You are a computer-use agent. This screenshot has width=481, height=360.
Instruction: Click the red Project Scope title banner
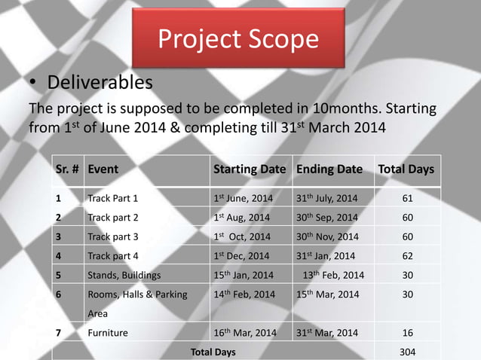click(x=238, y=39)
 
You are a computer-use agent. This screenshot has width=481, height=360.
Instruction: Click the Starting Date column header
click(x=250, y=169)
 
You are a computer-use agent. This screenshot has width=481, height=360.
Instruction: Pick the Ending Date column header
click(x=329, y=169)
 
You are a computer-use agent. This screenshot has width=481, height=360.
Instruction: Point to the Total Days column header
click(x=405, y=169)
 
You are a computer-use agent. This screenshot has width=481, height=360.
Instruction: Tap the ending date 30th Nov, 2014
click(x=328, y=236)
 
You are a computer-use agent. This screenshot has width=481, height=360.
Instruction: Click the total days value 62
click(x=407, y=255)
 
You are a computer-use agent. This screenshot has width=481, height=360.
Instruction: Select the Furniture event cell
click(x=108, y=332)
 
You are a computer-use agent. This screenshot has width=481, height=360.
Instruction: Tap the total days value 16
click(x=407, y=332)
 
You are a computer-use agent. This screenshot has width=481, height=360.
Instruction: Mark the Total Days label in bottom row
click(x=213, y=352)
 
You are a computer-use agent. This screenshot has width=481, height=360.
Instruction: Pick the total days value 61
click(x=407, y=199)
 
